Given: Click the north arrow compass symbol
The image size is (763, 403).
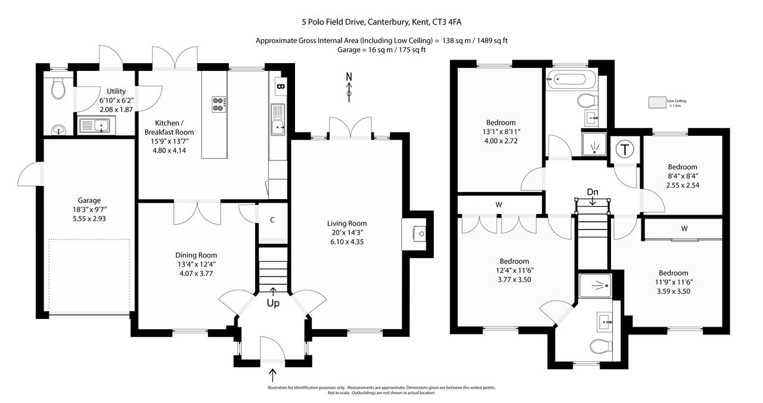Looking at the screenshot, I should click(x=349, y=85).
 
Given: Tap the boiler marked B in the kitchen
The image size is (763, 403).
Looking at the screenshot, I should click(x=280, y=86).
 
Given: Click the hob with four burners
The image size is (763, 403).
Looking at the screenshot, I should click(x=218, y=104).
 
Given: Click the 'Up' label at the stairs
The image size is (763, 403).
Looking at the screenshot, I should click(x=274, y=303).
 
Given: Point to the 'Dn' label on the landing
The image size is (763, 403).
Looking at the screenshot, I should click(x=593, y=192).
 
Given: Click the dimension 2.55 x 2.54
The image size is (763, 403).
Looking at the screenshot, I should click(x=682, y=185).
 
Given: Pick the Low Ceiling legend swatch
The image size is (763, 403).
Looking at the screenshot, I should click(x=657, y=103).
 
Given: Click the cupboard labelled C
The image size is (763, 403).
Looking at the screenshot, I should click(x=272, y=220).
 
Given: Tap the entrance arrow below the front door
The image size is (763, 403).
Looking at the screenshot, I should click(x=273, y=375).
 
